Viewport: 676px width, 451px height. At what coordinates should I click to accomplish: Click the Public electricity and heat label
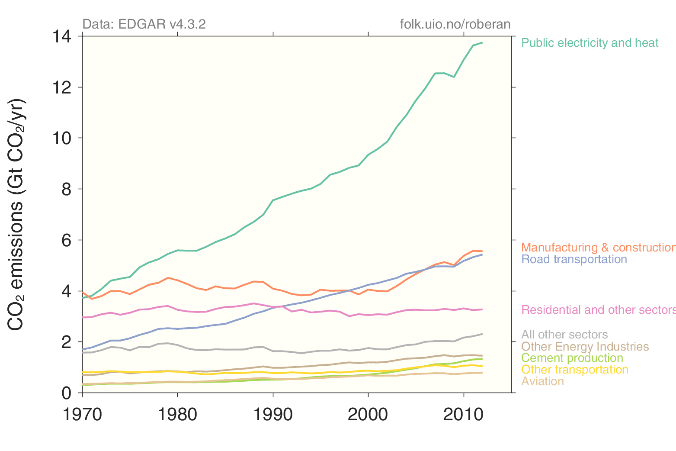[589, 43]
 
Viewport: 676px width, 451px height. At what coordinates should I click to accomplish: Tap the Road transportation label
[574, 259]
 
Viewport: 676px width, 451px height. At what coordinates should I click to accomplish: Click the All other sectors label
[564, 335]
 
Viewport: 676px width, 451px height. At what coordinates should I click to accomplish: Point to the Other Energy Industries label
[585, 347]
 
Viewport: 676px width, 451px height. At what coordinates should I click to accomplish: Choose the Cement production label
[572, 358]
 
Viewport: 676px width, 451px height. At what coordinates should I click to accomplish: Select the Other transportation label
[574, 370]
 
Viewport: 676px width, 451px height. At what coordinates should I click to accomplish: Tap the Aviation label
[542, 381]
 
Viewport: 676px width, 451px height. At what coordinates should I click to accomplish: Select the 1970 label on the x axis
[82, 415]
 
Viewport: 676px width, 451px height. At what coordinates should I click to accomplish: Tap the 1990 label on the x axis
[273, 415]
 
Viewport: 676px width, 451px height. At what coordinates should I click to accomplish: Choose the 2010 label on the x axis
[463, 415]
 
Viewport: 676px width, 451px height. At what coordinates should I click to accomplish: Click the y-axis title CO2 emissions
[16, 214]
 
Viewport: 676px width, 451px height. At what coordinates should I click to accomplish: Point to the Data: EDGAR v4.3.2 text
[144, 24]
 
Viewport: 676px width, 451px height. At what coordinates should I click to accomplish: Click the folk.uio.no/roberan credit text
[455, 24]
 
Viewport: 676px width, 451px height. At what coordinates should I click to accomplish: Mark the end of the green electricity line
[482, 43]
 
